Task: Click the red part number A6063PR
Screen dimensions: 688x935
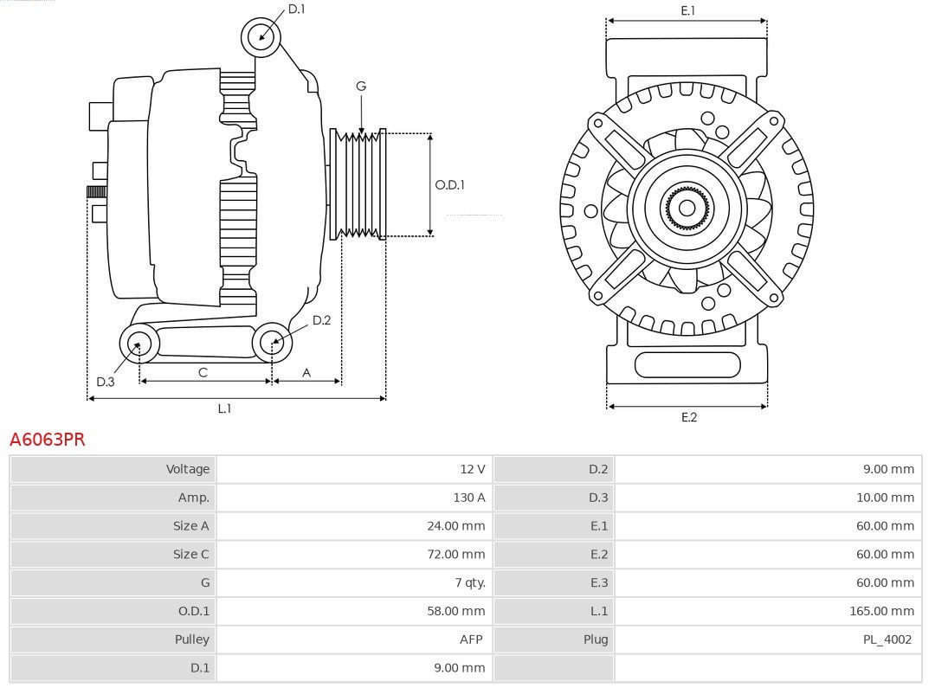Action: [x=48, y=440]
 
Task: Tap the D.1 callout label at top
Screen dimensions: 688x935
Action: [x=296, y=9]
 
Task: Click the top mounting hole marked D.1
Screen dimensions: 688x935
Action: [x=261, y=36]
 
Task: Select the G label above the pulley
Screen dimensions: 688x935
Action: [x=361, y=86]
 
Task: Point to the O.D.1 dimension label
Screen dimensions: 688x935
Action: [x=449, y=184]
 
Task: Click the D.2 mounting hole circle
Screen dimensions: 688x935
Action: [x=271, y=343]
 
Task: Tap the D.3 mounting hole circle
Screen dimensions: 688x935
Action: [x=138, y=344]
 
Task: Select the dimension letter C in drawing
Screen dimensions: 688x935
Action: [x=203, y=372]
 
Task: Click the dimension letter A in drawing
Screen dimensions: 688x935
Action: [x=306, y=372]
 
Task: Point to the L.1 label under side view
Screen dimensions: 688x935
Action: [x=224, y=408]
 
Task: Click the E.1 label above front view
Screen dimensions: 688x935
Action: [x=687, y=10]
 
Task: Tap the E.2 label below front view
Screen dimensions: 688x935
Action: [x=688, y=417]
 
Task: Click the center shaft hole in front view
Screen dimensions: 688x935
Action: [x=687, y=208]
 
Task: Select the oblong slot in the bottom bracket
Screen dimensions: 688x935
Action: [x=687, y=364]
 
